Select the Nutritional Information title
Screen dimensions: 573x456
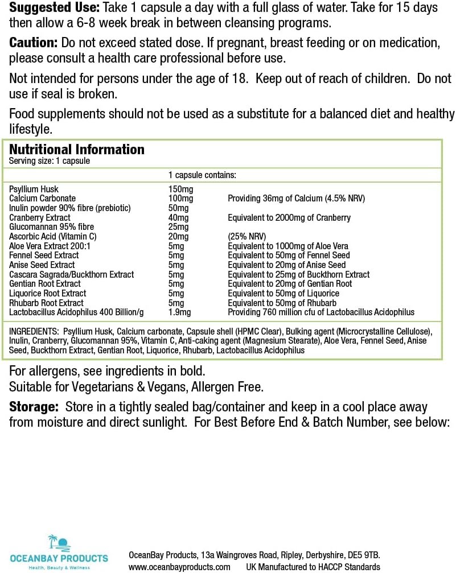point(77,150)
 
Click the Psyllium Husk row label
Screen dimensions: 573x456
point(34,189)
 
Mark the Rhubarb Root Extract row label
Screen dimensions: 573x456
point(46,303)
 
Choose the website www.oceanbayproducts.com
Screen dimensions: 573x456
point(179,567)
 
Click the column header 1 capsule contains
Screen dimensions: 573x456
point(202,175)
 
